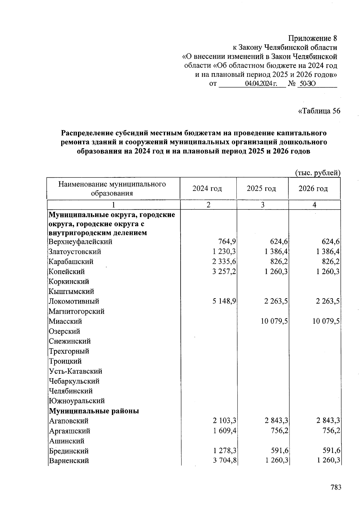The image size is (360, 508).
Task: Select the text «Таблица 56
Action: (319, 111)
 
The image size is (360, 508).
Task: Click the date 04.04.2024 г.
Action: (261, 84)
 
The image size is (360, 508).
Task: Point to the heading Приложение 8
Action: (312, 38)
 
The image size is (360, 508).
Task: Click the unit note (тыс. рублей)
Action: (318, 173)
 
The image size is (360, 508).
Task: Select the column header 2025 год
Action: (261, 189)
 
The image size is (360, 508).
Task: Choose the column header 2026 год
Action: (313, 189)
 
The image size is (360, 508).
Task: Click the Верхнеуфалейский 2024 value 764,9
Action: (227, 242)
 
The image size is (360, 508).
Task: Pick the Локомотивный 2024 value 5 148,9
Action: (224, 301)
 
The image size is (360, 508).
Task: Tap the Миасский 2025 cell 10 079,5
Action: (274, 321)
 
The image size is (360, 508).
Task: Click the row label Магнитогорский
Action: (76, 311)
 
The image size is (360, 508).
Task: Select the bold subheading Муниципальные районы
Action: (94, 411)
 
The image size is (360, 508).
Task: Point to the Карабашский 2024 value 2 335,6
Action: (224, 262)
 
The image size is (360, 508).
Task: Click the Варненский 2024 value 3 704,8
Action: (225, 461)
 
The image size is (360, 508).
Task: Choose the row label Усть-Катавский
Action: (75, 371)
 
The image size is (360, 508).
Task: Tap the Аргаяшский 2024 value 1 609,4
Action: (225, 431)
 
